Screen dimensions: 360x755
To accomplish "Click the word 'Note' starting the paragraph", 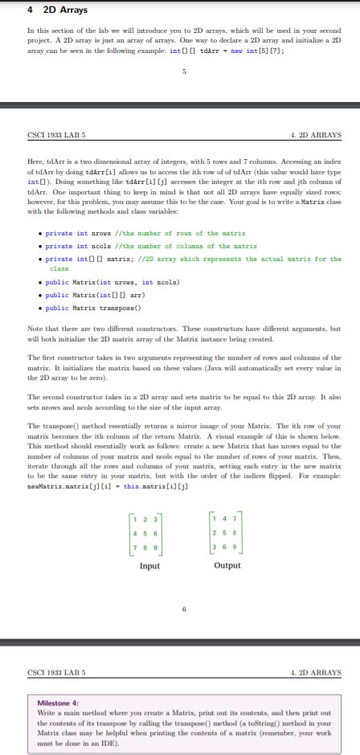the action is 36,329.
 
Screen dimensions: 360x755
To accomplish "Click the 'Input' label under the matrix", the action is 150,566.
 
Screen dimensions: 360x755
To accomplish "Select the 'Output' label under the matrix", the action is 227,566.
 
